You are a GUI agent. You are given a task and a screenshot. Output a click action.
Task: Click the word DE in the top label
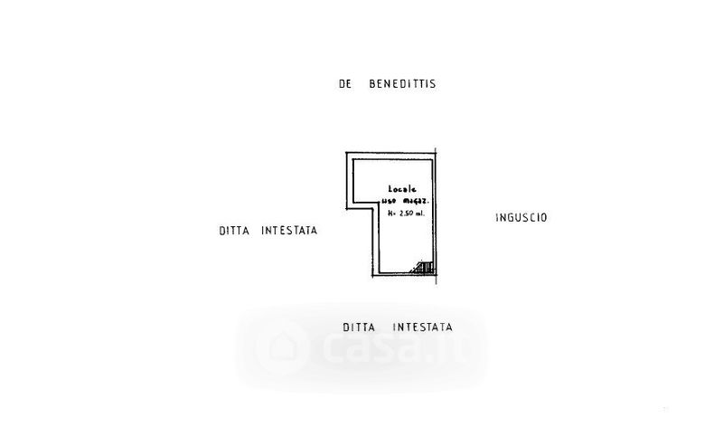[344, 84]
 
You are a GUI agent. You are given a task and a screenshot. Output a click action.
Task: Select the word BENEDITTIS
[402, 84]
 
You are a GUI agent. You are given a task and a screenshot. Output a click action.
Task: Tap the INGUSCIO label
[522, 217]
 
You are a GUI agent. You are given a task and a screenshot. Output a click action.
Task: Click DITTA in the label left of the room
[234, 231]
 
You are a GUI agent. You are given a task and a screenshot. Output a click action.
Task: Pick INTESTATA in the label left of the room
[289, 231]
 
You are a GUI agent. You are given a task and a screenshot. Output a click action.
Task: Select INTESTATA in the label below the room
[422, 327]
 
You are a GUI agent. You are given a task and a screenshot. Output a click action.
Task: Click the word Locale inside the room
[390, 189]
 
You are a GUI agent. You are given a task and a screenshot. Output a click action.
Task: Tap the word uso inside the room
[387, 200]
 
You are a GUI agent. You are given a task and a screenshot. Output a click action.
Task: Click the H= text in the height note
[393, 214]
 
